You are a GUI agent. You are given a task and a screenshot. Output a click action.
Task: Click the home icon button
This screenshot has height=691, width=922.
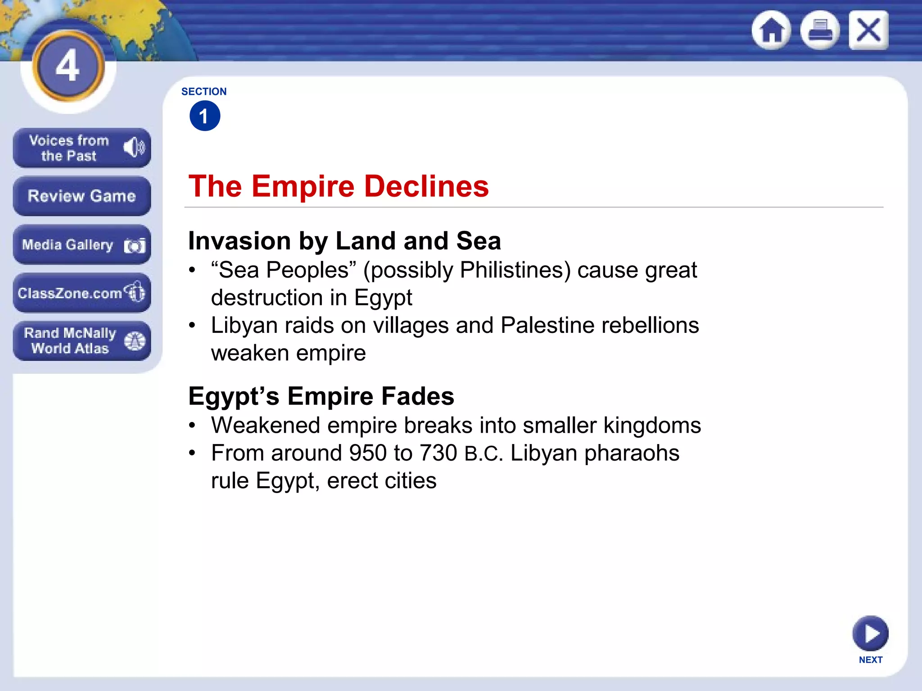pos(772,31)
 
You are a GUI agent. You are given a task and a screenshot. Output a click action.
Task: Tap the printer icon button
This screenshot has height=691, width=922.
pos(820,31)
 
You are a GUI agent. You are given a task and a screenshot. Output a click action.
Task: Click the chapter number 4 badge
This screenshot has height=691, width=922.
pos(68,66)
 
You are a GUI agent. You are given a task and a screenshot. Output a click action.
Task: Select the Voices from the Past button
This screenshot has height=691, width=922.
pos(81,148)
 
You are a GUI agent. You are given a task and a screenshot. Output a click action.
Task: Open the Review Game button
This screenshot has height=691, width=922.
pos(81,196)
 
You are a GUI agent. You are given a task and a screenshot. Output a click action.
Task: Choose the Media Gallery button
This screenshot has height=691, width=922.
pos(81,245)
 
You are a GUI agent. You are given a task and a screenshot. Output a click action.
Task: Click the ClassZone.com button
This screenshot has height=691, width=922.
pos(81,293)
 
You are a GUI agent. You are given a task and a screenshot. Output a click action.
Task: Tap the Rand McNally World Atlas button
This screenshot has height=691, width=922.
pos(81,341)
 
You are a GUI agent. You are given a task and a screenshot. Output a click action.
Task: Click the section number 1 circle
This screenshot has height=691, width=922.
pos(205,116)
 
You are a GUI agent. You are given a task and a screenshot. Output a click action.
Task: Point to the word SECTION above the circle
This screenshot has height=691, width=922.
pos(204,92)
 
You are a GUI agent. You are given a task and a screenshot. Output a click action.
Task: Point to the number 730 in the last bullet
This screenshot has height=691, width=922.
pos(438,453)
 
